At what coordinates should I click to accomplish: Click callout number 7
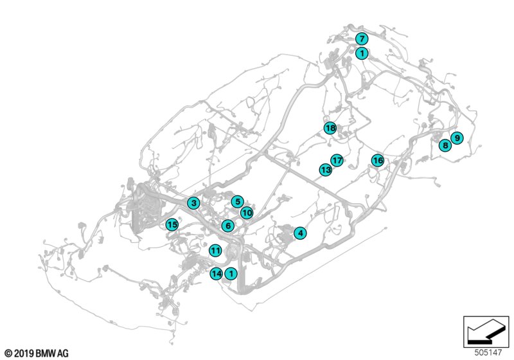(x=362, y=39)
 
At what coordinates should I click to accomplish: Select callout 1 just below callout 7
(x=362, y=53)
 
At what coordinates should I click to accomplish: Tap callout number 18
(x=330, y=128)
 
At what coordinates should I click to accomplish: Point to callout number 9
(x=457, y=138)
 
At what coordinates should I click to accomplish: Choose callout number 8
(x=445, y=146)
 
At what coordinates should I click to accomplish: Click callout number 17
(x=337, y=160)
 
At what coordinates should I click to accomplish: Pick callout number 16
(x=377, y=160)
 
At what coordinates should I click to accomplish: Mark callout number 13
(x=326, y=170)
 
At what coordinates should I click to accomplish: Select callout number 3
(x=193, y=203)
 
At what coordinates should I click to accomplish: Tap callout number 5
(x=237, y=202)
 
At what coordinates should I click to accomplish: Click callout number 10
(x=247, y=213)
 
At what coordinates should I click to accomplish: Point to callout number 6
(x=227, y=226)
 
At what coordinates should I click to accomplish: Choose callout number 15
(x=172, y=224)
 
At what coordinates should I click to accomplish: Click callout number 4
(x=300, y=233)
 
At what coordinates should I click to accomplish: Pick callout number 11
(x=215, y=250)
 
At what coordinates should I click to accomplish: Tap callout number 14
(x=217, y=274)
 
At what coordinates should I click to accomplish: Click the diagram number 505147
(x=489, y=352)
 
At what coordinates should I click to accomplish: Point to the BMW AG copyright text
(x=36, y=353)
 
